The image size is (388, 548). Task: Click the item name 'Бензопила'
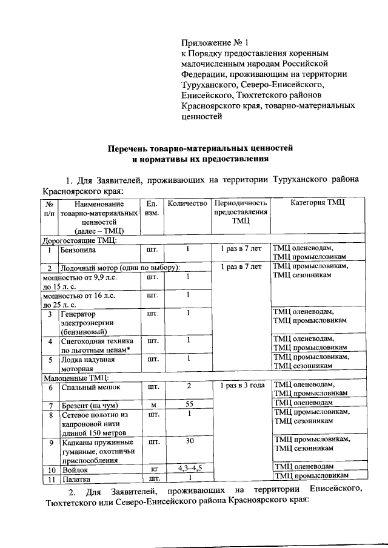point(79,249)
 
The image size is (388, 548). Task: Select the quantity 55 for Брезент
point(189,403)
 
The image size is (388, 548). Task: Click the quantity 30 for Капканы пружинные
point(189,441)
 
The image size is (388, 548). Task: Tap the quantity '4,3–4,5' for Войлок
point(189,468)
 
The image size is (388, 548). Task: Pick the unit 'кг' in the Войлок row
point(153,469)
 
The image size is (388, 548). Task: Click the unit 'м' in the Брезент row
point(153,403)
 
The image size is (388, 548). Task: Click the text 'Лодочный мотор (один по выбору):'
point(119,267)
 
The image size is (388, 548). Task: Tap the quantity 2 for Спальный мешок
point(189,385)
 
